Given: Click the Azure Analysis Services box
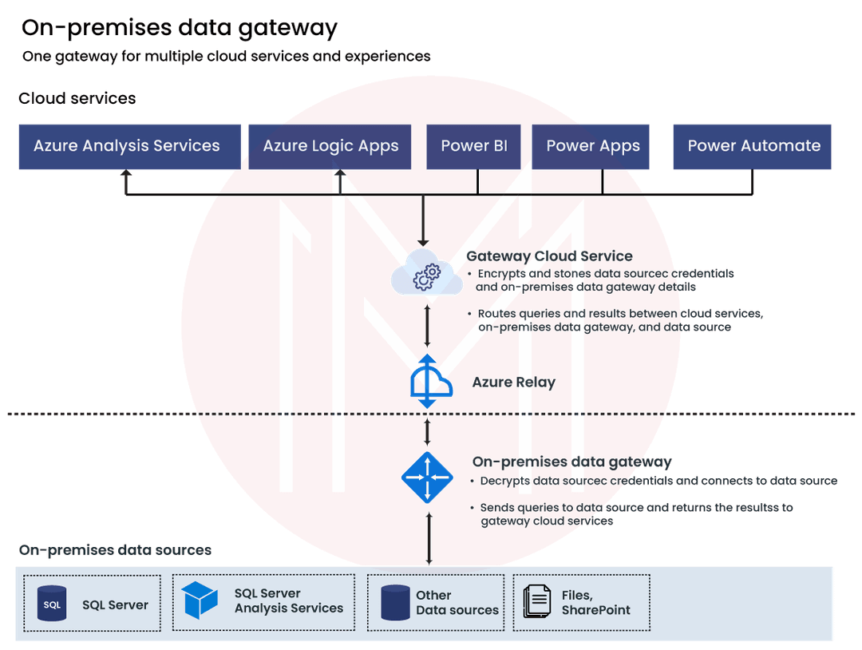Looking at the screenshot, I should pyautogui.click(x=127, y=146).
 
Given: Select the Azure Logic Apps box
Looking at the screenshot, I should pyautogui.click(x=330, y=146).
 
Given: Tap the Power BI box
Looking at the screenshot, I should pyautogui.click(x=474, y=146).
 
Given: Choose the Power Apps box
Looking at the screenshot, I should pyautogui.click(x=593, y=146).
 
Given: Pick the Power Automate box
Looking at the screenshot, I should pyautogui.click(x=753, y=146).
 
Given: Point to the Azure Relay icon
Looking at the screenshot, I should pyautogui.click(x=429, y=382).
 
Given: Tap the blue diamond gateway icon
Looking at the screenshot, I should pyautogui.click(x=428, y=478).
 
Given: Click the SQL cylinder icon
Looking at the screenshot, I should pyautogui.click(x=52, y=604).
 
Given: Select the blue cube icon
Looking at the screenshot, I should pyautogui.click(x=200, y=600).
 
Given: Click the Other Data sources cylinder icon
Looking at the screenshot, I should pyautogui.click(x=395, y=603).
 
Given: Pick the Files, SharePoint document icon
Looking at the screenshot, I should pyautogui.click(x=536, y=603).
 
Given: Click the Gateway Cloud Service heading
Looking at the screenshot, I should pyautogui.click(x=549, y=256).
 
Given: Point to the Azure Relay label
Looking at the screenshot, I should pyautogui.click(x=513, y=382).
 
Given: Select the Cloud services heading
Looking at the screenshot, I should pyautogui.click(x=77, y=99).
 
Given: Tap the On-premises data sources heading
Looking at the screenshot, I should pyautogui.click(x=115, y=550).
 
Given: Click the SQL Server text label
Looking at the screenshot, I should pyautogui.click(x=115, y=605).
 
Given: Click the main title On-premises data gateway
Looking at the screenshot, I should pyautogui.click(x=180, y=28).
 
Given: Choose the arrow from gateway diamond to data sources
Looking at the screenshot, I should pyautogui.click(x=429, y=538).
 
